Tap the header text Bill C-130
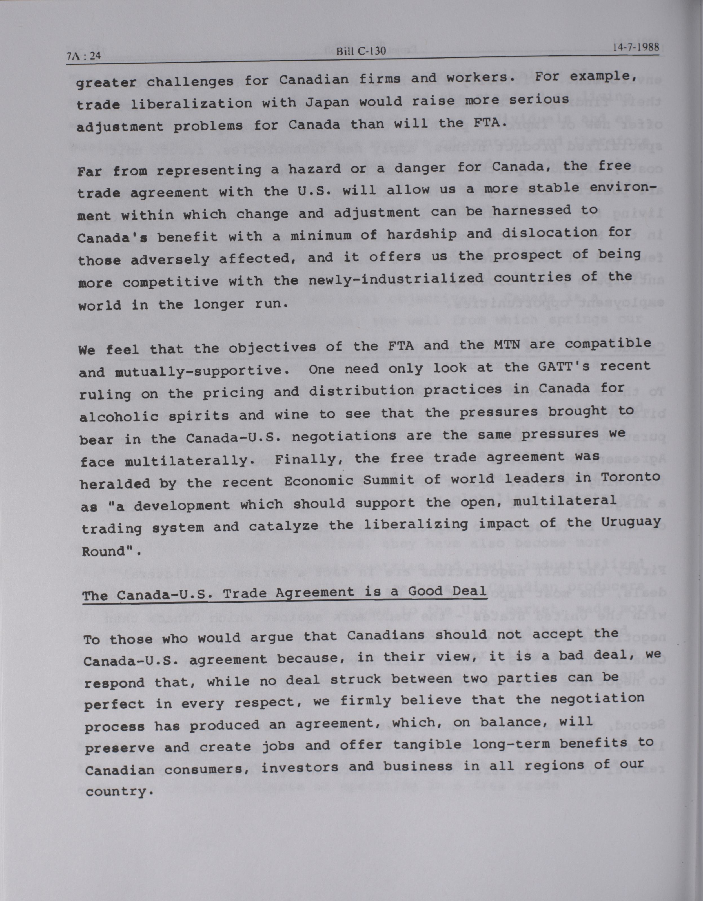coord(361,51)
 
